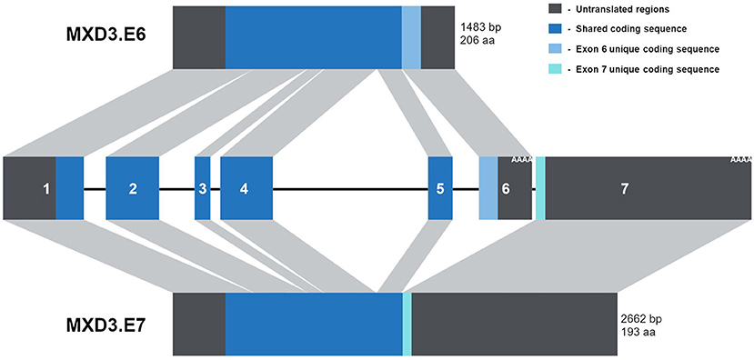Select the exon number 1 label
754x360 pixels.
click(x=45, y=189)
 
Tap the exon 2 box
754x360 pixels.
click(x=133, y=188)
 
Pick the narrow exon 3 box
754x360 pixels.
click(x=202, y=188)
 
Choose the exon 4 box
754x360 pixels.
click(x=246, y=188)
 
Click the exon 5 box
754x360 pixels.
click(x=440, y=188)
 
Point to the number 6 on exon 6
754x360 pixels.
click(x=506, y=189)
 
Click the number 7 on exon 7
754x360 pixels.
click(x=624, y=189)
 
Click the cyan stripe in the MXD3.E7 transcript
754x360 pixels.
click(x=407, y=323)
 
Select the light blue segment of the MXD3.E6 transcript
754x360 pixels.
click(x=411, y=35)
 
